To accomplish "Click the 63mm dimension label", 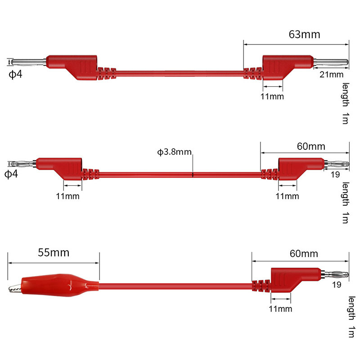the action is click(304, 35).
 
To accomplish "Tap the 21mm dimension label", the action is click(331, 74).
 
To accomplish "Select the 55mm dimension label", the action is click(54, 252).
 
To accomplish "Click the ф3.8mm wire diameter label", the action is click(174, 152).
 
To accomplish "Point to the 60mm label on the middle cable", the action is click(311, 146).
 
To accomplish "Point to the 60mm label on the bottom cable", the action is click(304, 254).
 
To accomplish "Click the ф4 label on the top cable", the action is click(15, 74).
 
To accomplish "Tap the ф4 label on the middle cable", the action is click(11, 174).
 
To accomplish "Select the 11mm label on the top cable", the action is click(272, 96).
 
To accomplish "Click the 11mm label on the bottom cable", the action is click(280, 309).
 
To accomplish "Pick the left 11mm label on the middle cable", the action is click(68, 196).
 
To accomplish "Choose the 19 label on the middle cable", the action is click(335, 175).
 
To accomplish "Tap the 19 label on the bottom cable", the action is click(337, 285).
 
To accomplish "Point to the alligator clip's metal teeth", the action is click(15, 288).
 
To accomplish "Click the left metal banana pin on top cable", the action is click(29, 62).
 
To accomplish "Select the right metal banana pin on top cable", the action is click(331, 62).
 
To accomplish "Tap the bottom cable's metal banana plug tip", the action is click(335, 274).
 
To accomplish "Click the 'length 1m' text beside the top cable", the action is click(345, 103).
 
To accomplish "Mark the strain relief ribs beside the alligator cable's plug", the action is click(261, 286).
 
